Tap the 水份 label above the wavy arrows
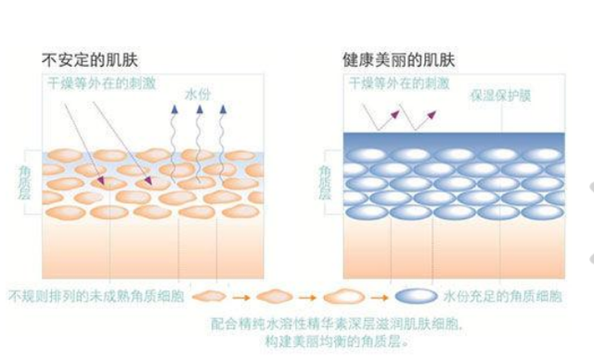click(x=199, y=95)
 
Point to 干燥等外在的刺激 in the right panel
click(x=396, y=82)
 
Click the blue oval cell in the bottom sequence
click(x=416, y=297)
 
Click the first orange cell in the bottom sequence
click(x=213, y=297)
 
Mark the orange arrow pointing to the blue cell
click(x=381, y=297)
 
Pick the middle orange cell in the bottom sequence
click(x=276, y=297)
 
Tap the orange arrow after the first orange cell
click(x=243, y=297)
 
